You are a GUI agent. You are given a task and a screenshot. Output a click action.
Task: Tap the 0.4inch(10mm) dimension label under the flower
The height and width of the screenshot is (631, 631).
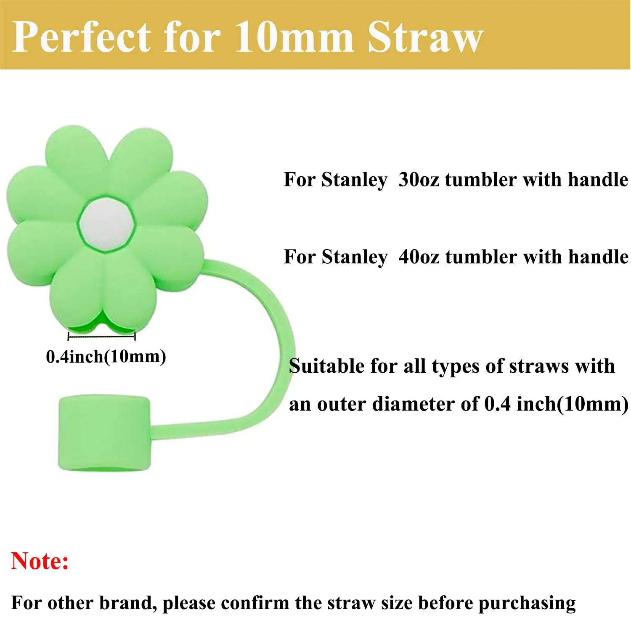106,357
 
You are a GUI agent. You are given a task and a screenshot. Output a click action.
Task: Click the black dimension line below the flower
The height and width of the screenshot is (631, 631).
101,336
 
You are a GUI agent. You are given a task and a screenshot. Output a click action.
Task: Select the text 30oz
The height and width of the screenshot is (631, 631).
419,180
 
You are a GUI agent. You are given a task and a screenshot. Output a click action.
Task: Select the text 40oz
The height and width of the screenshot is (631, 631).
419,257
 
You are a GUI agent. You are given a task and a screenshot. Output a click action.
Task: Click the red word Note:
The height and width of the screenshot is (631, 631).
40,561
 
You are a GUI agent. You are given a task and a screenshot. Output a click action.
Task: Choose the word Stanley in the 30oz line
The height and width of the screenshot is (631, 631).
354,180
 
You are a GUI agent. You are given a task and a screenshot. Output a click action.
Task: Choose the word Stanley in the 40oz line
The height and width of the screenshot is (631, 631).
354,257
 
